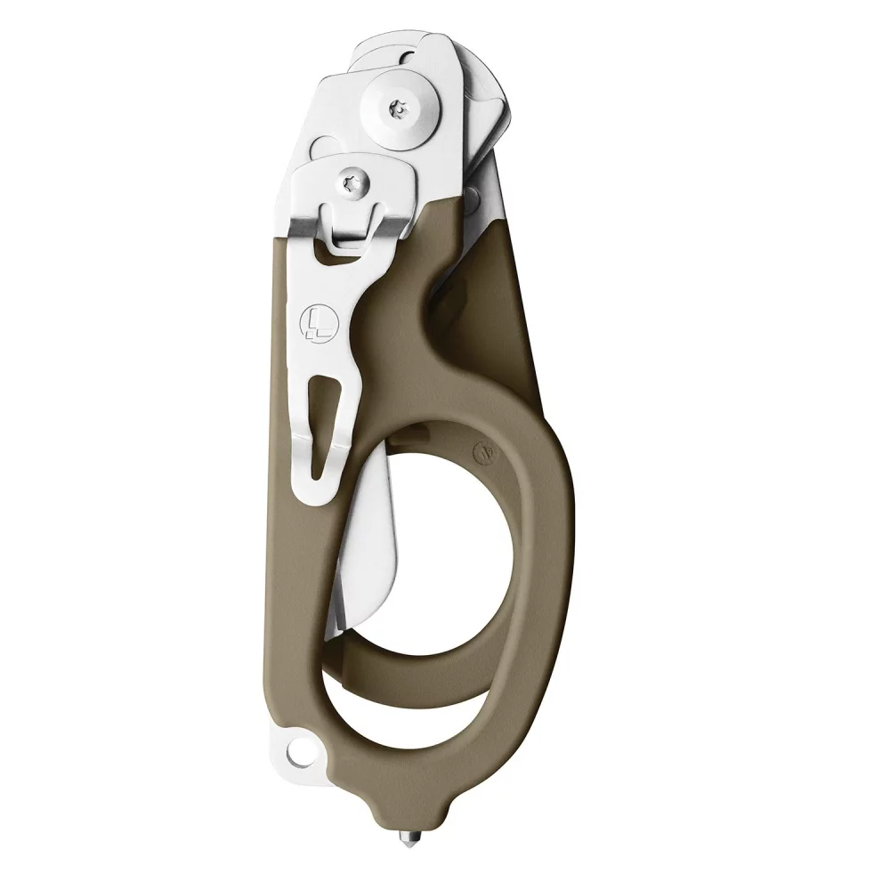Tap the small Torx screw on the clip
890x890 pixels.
(x=351, y=185)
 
